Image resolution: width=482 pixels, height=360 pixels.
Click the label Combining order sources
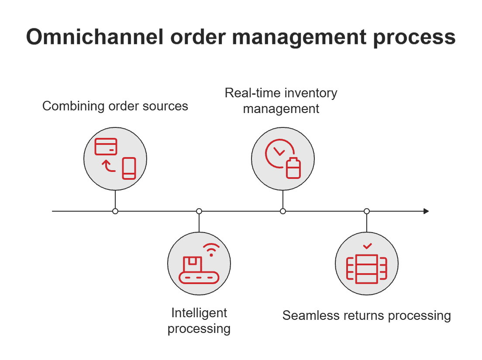pos(115,106)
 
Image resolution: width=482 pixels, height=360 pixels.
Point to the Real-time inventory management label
pos(281,100)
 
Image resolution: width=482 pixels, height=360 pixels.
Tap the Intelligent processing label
pos(199,320)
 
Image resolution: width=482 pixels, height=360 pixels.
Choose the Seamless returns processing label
pos(366,315)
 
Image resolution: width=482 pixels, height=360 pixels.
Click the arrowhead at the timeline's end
pos(426,211)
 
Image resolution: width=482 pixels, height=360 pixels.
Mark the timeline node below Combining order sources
pos(115,211)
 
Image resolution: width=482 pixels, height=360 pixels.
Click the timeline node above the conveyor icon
pos(199,211)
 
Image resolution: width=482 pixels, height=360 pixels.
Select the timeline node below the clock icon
pos(283,211)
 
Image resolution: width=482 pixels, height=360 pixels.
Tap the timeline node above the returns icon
pos(367,211)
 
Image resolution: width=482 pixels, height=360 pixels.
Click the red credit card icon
pos(106,147)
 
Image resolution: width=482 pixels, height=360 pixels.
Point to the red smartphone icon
pos(129,168)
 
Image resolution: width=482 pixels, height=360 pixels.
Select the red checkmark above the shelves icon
pos(367,247)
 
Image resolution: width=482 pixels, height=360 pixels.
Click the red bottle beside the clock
pos(293,168)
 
